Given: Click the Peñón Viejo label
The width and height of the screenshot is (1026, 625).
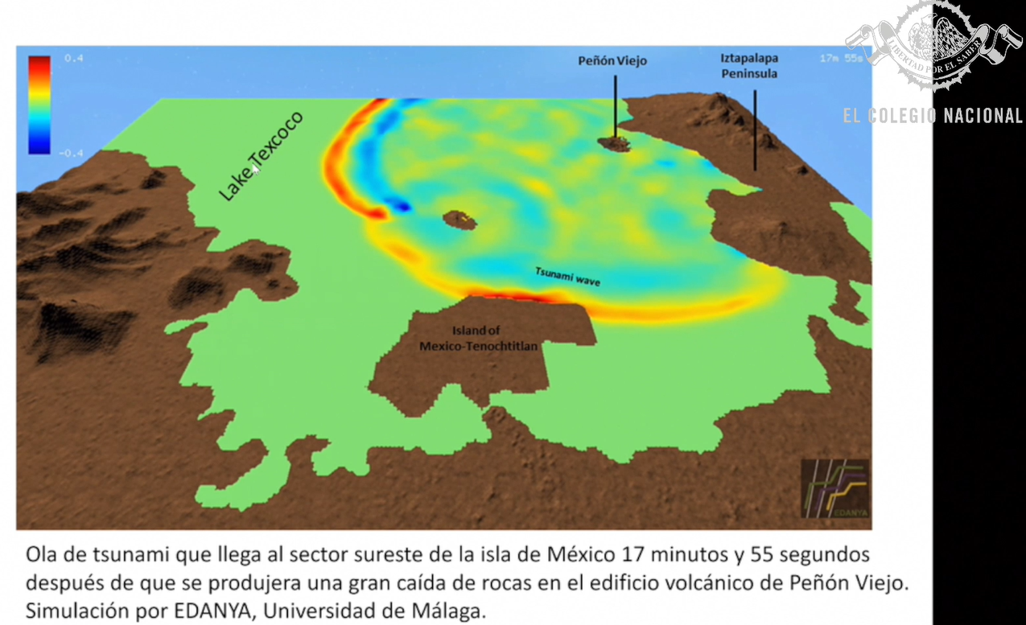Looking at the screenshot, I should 612,60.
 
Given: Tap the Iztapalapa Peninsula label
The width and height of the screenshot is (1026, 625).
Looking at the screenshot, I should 748,66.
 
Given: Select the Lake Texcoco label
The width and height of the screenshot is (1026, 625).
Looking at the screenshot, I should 262,157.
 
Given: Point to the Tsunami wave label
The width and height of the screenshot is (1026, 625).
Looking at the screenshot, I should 568,277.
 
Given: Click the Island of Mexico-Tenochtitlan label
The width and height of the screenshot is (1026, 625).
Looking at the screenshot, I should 478,338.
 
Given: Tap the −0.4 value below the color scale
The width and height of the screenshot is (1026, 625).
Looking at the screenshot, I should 72,153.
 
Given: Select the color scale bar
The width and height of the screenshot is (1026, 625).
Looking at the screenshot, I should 39,105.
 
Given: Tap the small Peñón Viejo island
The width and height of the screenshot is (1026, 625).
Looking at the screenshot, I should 615,144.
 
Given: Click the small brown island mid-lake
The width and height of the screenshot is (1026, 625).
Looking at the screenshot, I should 459,219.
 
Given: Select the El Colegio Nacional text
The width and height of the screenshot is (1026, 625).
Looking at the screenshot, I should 933,116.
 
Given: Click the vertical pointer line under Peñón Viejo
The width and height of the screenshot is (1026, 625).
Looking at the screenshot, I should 616,105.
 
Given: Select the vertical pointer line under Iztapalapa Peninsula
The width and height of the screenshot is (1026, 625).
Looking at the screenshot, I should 755,129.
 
